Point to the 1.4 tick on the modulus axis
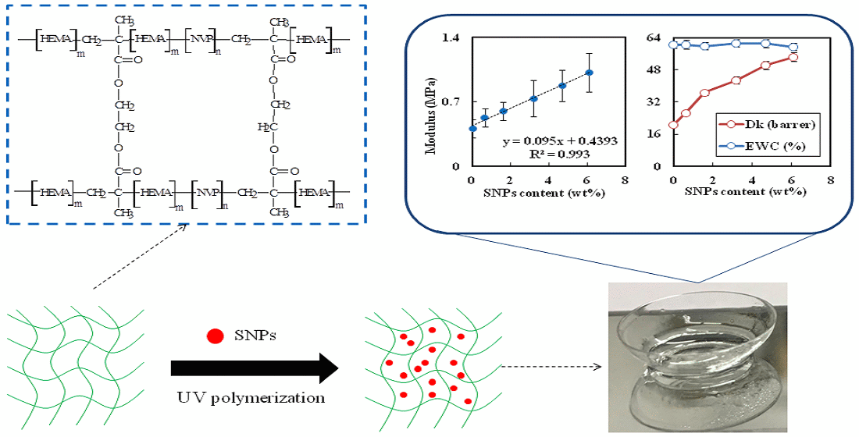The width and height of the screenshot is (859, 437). coord(451,37)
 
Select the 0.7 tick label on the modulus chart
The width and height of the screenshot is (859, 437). coord(451,101)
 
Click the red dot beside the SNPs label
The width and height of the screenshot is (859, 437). coord(212,337)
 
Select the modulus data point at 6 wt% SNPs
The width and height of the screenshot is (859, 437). coord(590,73)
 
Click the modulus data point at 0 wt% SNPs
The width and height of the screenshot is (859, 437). coord(472,129)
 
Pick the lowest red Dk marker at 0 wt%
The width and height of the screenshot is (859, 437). coord(673,125)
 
